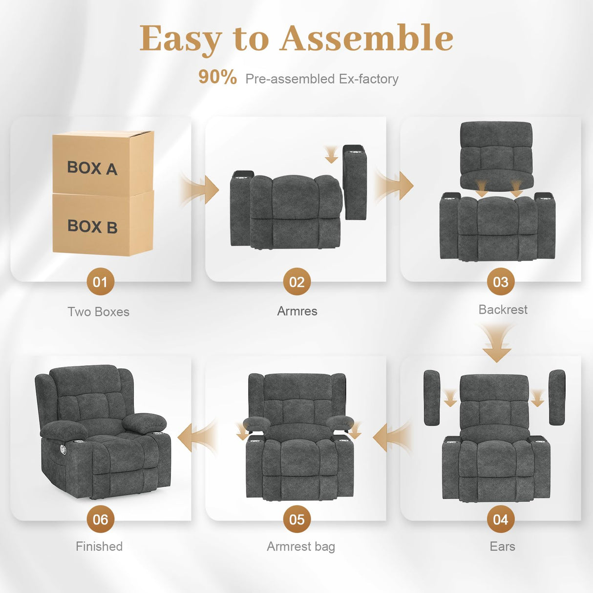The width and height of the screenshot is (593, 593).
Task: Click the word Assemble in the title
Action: pos(366,38)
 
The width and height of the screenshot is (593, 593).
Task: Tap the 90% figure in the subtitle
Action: pos(217,77)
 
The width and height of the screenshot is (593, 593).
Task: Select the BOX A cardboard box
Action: pos(103,163)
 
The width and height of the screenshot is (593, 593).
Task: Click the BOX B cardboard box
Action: pos(103,224)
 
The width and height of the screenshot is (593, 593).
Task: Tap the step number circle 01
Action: pos(100,282)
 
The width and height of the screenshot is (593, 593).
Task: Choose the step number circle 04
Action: pos(501,519)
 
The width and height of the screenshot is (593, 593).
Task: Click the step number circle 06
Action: pos(100,519)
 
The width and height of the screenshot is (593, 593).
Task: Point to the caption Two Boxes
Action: pos(98,312)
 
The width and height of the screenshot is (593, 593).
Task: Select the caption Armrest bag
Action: pos(301,546)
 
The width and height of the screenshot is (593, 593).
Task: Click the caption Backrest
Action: pos(503,310)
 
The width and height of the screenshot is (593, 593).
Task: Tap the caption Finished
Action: pos(99,546)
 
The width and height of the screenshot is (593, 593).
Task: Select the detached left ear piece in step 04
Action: pos(432,398)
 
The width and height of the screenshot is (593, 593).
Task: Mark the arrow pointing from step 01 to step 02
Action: pos(200,189)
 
